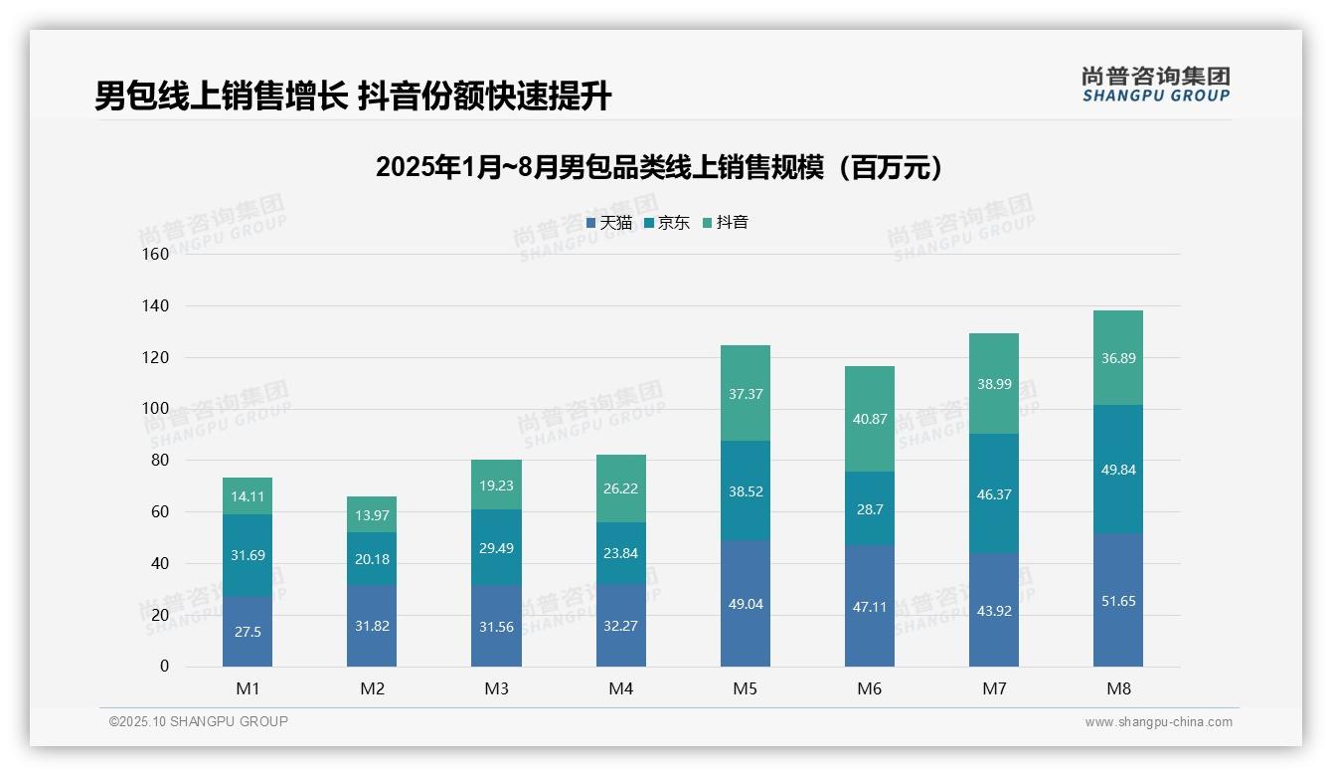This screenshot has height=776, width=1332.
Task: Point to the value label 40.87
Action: click(x=870, y=419)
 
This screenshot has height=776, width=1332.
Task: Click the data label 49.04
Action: click(x=745, y=603)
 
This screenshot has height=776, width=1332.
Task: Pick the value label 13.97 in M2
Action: click(x=372, y=513)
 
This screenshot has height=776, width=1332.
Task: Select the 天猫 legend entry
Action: click(x=609, y=223)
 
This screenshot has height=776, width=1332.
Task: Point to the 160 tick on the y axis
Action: click(x=156, y=254)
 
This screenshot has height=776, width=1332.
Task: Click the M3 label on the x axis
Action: click(x=496, y=688)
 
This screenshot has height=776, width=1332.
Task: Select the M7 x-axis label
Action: click(x=993, y=688)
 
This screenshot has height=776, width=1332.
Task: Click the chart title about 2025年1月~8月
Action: click(x=659, y=167)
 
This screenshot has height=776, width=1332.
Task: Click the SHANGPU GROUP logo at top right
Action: click(x=1155, y=85)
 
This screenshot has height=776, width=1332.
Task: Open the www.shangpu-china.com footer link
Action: click(x=1158, y=722)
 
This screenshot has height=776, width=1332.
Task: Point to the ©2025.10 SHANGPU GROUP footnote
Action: click(x=199, y=721)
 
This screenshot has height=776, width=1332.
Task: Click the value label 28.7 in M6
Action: click(x=870, y=508)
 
